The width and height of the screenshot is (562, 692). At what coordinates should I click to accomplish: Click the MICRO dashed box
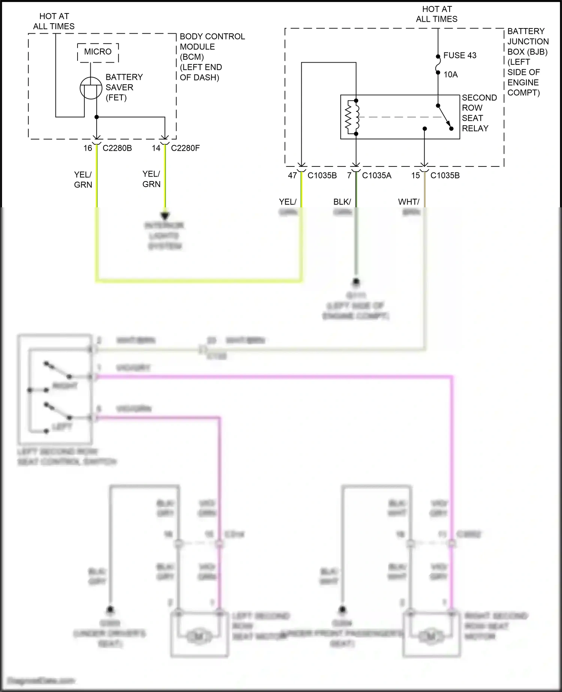98,52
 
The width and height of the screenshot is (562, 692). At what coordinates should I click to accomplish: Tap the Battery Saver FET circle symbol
91,88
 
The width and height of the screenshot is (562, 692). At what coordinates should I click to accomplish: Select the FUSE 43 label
460,55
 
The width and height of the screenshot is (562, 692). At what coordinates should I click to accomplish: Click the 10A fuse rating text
450,75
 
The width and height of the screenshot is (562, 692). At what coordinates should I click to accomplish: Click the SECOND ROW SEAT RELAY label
479,113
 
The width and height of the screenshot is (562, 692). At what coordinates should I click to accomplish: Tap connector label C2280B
117,148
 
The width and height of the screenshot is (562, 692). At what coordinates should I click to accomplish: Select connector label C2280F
185,148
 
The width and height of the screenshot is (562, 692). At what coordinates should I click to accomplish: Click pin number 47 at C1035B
292,175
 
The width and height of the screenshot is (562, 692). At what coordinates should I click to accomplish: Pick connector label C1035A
376,175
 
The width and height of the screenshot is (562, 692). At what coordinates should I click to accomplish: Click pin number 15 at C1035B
416,175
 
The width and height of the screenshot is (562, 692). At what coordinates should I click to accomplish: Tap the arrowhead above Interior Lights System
165,216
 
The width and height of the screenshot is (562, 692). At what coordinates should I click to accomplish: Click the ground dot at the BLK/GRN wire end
356,281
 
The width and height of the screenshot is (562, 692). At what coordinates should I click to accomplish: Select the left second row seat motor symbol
199,636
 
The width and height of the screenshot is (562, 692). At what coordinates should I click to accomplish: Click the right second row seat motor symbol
431,636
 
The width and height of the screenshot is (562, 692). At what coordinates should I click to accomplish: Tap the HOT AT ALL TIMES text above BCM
54,21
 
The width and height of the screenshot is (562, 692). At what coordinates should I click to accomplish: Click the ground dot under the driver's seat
110,610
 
